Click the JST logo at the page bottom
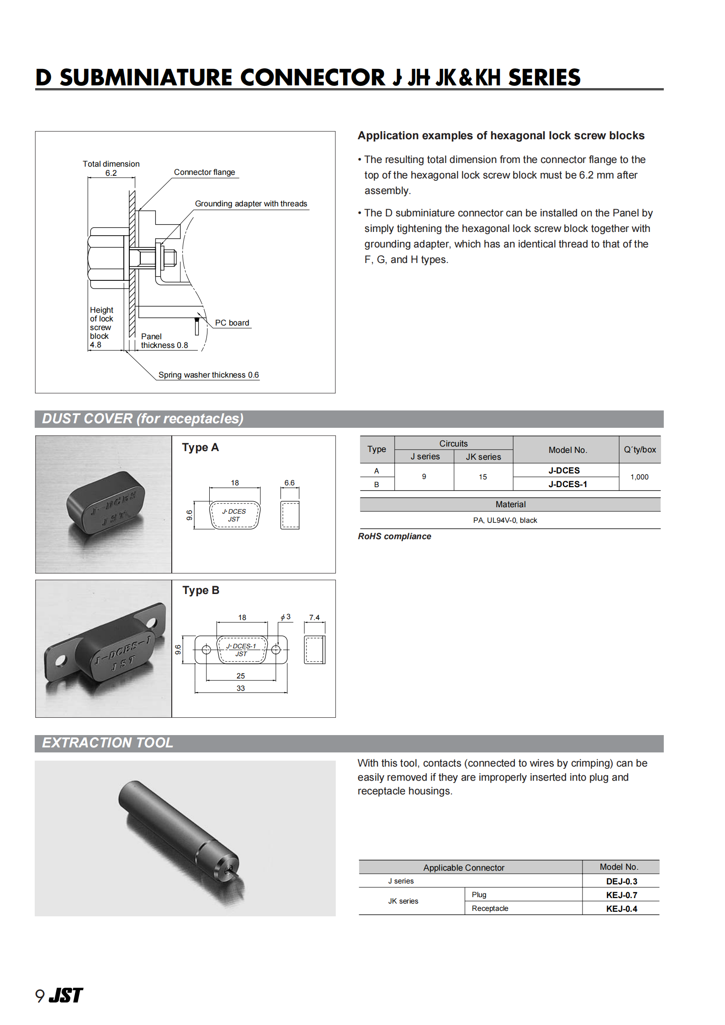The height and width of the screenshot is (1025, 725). tap(66, 995)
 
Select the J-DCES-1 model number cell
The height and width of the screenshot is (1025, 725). tap(567, 484)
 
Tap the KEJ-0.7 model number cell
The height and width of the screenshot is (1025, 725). tap(621, 895)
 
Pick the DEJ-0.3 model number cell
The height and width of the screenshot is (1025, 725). tap(621, 881)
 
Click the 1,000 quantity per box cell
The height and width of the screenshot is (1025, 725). tap(639, 477)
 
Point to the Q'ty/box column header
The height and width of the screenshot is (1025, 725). tap(640, 450)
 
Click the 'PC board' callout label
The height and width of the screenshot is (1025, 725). tap(232, 323)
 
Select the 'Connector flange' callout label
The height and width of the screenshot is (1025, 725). tap(204, 172)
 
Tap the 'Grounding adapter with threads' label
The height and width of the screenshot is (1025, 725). tap(251, 204)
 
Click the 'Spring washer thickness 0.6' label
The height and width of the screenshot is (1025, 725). tap(208, 375)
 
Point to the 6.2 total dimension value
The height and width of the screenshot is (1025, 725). tap(111, 173)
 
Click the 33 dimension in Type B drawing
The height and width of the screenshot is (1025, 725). tap(241, 688)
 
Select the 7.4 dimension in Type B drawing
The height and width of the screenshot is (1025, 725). tap(314, 617)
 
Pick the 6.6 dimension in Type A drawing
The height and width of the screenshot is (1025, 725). tap(289, 483)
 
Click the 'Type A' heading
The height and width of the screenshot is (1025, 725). tap(200, 447)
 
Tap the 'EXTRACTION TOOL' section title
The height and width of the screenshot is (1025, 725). tap(108, 743)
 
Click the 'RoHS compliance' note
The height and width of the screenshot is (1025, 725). tap(394, 536)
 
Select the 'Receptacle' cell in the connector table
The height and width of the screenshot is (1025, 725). tap(490, 909)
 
